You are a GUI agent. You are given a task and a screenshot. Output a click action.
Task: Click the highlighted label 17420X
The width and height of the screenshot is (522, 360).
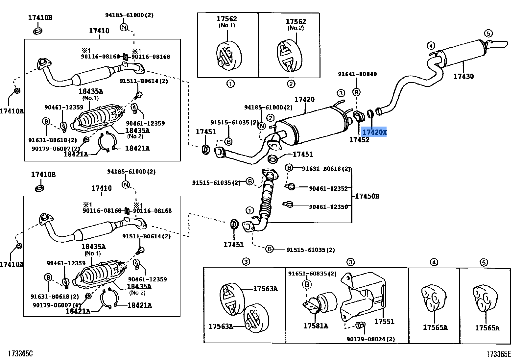click(x=374, y=132)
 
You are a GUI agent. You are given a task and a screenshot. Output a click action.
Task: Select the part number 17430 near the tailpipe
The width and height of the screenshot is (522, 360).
click(x=463, y=76)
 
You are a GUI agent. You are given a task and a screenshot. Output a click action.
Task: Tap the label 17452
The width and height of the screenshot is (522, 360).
click(x=359, y=140)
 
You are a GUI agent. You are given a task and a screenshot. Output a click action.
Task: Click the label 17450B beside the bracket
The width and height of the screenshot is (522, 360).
click(x=367, y=196)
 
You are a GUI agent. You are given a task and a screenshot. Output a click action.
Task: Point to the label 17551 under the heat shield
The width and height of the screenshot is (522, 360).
click(x=384, y=321)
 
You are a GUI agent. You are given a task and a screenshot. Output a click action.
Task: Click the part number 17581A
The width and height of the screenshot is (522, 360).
click(x=316, y=326)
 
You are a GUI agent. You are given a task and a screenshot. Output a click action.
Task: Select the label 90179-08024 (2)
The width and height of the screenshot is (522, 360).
click(x=371, y=339)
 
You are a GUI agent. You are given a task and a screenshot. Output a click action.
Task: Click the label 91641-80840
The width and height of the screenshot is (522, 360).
click(x=357, y=74)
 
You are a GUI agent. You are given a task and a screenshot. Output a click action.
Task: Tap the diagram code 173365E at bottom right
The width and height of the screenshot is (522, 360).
click(x=499, y=354)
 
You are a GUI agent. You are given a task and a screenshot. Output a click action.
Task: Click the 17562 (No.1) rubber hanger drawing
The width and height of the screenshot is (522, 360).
click(x=229, y=55)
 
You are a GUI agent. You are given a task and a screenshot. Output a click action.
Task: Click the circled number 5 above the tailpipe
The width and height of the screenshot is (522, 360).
click(x=488, y=33)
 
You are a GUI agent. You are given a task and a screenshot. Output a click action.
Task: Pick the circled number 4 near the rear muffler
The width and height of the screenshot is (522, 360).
click(x=431, y=45)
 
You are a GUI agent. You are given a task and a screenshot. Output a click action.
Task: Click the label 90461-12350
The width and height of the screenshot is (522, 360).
click(x=328, y=207)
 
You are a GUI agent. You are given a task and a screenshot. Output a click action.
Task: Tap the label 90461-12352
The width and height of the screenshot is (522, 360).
click(x=328, y=188)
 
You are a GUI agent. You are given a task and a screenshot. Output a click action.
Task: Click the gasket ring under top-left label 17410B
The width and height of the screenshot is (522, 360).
click(x=38, y=31)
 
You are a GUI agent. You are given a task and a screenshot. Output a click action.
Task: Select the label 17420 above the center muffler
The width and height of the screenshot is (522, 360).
click(x=304, y=99)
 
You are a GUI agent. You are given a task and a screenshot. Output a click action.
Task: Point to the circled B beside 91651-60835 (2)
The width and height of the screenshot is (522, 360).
click(x=307, y=284)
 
